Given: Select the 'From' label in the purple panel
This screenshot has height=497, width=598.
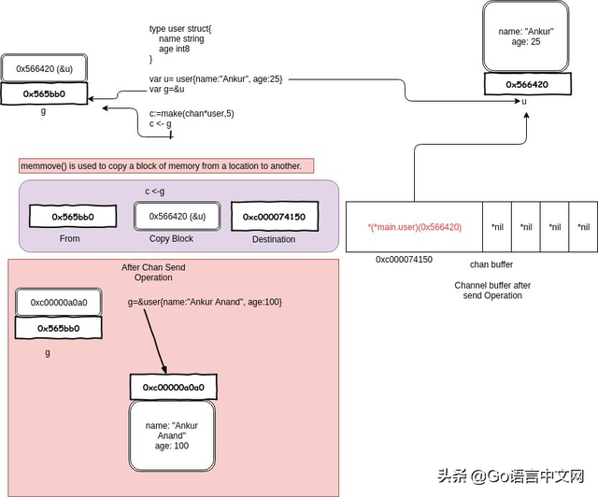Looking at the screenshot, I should click(69, 239).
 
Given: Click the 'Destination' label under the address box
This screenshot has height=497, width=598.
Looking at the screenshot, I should click(275, 239).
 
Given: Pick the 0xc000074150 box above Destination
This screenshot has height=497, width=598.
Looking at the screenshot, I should click(275, 217).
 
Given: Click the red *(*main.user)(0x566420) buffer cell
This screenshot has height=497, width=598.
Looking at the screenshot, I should click(414, 226).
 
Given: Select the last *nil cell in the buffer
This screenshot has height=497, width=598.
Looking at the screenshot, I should click(583, 226).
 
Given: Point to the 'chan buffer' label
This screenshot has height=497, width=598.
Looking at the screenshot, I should click(491, 264).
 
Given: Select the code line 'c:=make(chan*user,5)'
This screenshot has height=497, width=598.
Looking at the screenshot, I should click(192, 113).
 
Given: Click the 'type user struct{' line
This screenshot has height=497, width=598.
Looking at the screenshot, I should click(181, 29).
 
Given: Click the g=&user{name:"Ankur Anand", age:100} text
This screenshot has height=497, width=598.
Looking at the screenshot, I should click(205, 303).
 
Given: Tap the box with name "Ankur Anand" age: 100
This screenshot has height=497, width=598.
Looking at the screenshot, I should click(172, 434).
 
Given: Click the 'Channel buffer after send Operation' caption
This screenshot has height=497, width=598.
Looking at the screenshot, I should click(491, 290).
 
